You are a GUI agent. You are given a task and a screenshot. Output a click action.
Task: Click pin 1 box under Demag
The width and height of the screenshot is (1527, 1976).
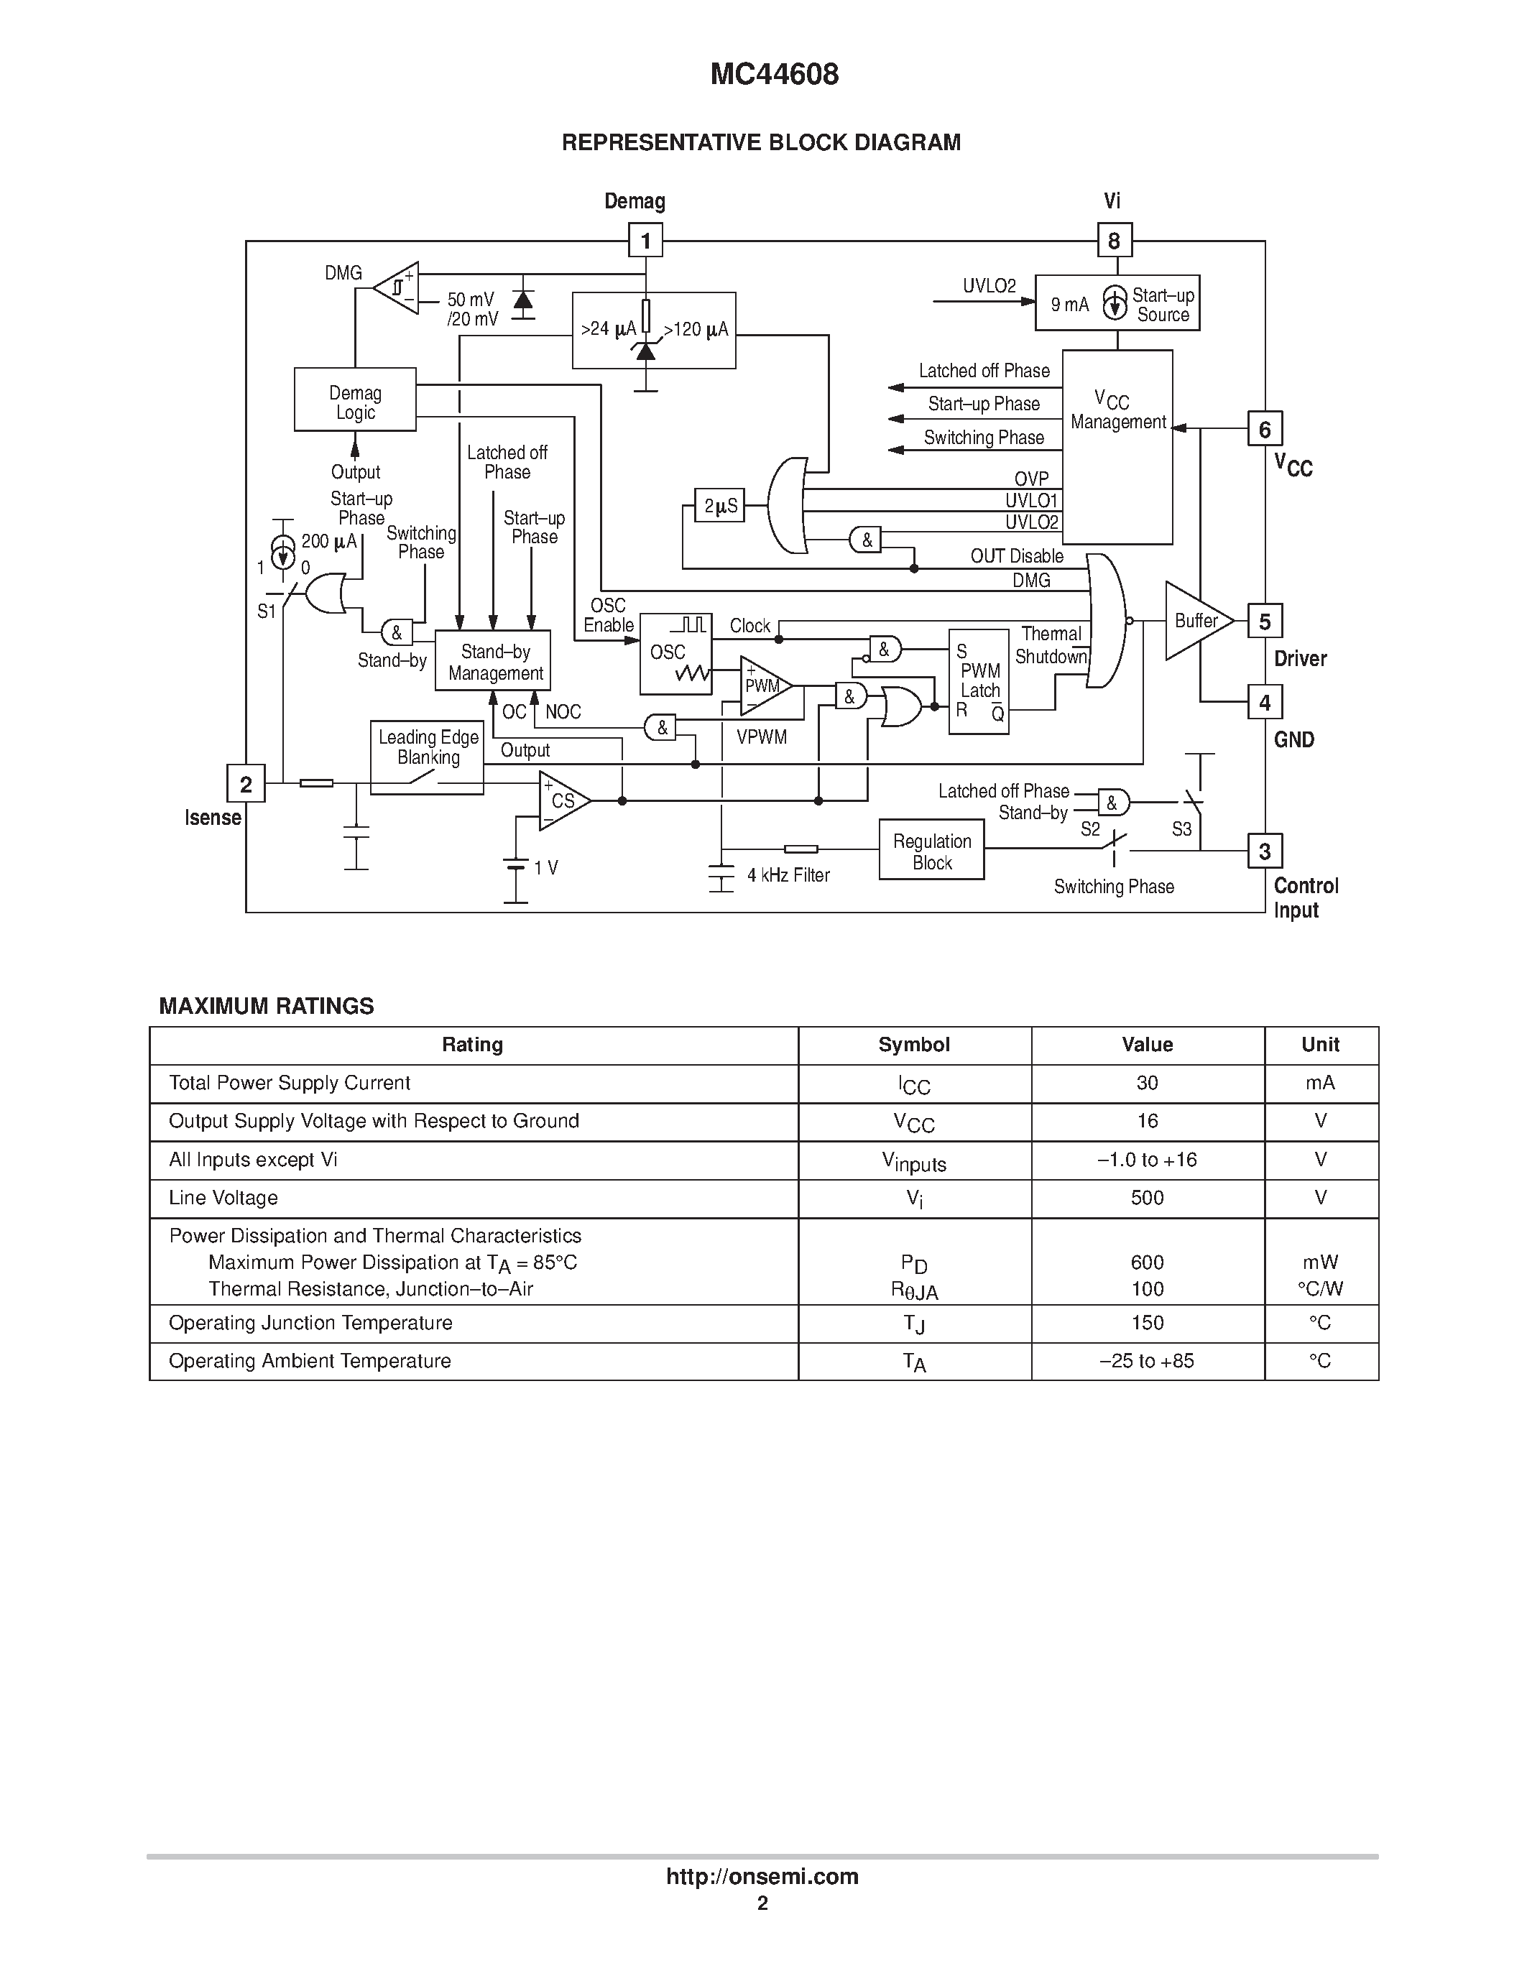(x=645, y=241)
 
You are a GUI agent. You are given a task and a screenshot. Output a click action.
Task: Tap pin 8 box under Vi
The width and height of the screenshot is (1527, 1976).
(x=1114, y=241)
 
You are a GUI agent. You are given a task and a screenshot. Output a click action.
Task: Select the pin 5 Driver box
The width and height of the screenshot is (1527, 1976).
(x=1264, y=622)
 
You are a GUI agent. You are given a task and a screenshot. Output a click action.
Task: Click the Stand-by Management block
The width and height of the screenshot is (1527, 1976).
(x=493, y=661)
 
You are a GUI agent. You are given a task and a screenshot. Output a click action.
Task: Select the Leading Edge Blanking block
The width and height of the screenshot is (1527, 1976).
(x=427, y=757)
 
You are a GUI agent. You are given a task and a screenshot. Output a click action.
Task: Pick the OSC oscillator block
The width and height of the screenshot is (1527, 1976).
(x=675, y=654)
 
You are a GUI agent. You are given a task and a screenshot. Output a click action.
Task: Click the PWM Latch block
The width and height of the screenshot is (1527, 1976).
(x=979, y=681)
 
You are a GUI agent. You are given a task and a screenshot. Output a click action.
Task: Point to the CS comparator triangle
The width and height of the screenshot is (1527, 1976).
(x=561, y=800)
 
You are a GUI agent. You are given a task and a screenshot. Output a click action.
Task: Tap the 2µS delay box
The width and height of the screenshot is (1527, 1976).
(x=720, y=507)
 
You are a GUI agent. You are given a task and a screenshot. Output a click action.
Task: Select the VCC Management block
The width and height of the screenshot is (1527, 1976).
(x=1117, y=447)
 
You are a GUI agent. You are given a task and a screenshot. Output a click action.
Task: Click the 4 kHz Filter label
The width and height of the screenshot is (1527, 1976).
(x=788, y=875)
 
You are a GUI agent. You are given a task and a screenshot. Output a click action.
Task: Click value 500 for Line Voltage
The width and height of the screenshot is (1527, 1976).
(x=1147, y=1198)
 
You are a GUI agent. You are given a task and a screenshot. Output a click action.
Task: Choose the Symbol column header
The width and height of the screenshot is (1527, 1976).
(x=913, y=1045)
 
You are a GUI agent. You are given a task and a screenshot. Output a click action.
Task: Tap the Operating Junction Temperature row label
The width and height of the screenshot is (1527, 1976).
(x=310, y=1323)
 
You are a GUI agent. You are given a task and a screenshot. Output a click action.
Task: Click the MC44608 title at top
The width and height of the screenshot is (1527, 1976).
(x=775, y=74)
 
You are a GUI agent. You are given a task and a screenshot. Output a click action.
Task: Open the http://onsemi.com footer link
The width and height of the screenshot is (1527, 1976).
(x=762, y=1876)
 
